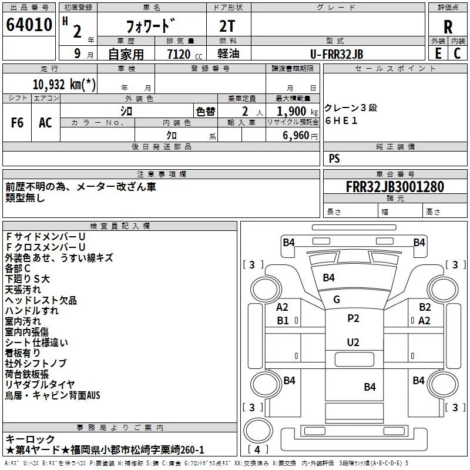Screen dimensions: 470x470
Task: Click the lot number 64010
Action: point(29,25)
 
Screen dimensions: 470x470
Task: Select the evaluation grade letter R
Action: point(448,27)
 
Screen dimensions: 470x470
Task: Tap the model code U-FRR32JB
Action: point(337,54)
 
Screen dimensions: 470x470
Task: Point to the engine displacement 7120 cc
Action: point(184,54)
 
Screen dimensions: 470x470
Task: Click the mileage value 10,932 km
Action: point(64,85)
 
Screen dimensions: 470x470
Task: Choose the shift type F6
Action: point(17,123)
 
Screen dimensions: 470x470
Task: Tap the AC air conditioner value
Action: point(45,123)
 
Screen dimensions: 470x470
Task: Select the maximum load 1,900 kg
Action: point(297,112)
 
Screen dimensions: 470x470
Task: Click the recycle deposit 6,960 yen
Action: point(300,136)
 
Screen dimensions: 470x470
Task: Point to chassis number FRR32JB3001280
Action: point(395,187)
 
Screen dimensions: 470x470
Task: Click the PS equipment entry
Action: point(334,158)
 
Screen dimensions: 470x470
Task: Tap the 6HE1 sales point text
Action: point(341,120)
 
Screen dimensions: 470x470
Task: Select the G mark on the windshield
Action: point(336,299)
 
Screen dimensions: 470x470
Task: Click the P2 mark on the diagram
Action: point(353,318)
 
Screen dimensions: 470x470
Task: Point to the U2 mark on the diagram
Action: point(353,342)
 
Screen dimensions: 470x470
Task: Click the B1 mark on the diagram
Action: point(283,320)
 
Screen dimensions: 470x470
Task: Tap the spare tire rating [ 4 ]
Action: point(257,449)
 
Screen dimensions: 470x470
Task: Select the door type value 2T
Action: point(227,26)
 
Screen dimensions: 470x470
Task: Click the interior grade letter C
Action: point(457,53)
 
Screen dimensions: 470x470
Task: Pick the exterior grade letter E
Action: point(438,53)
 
